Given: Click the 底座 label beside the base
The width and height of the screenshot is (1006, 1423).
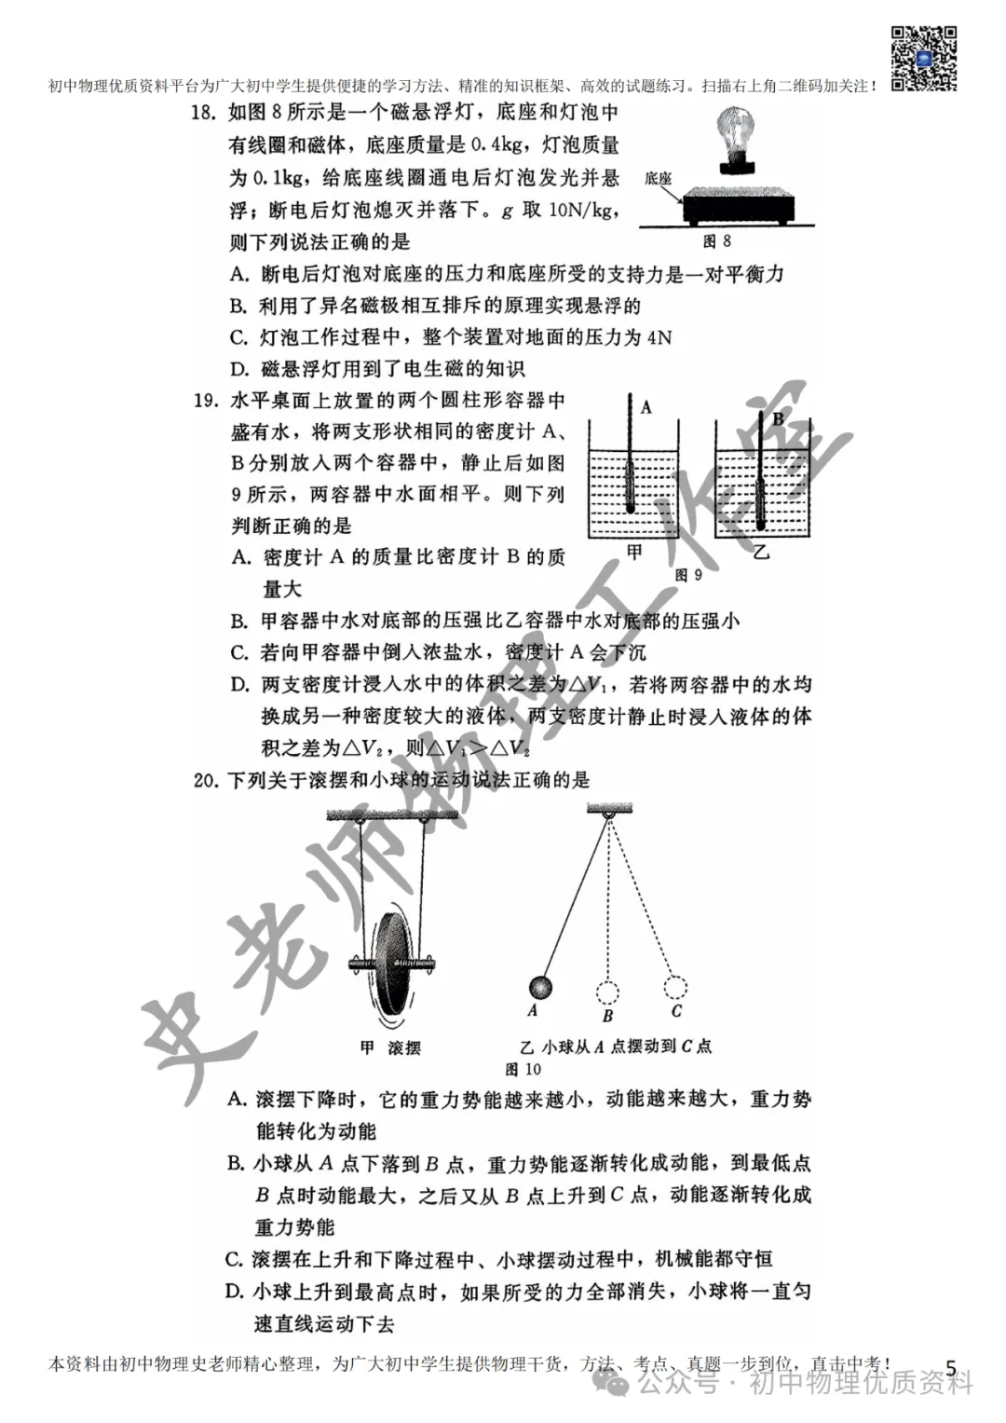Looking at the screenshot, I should [x=659, y=179].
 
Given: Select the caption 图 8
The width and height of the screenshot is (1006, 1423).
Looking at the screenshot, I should [x=716, y=241].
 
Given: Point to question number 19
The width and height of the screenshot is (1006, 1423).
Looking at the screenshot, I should [x=203, y=402].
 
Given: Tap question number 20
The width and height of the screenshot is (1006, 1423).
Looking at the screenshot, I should [x=205, y=780].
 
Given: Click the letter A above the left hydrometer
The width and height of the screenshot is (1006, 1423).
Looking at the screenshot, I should [x=646, y=407].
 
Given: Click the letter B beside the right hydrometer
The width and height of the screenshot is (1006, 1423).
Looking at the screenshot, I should [x=778, y=419].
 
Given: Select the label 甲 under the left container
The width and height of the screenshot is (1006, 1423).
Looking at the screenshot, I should [x=634, y=553].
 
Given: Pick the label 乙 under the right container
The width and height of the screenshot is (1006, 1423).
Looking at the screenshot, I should [x=762, y=553].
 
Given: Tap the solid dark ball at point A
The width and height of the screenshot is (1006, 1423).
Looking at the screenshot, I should [x=539, y=987].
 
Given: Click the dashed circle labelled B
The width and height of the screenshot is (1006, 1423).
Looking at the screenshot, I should [x=607, y=990].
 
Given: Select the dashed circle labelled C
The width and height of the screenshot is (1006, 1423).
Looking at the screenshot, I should [x=675, y=986].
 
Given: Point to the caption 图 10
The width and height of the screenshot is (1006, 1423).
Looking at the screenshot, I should [x=523, y=1069].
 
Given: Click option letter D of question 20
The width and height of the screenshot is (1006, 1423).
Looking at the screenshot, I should [x=235, y=1291].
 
